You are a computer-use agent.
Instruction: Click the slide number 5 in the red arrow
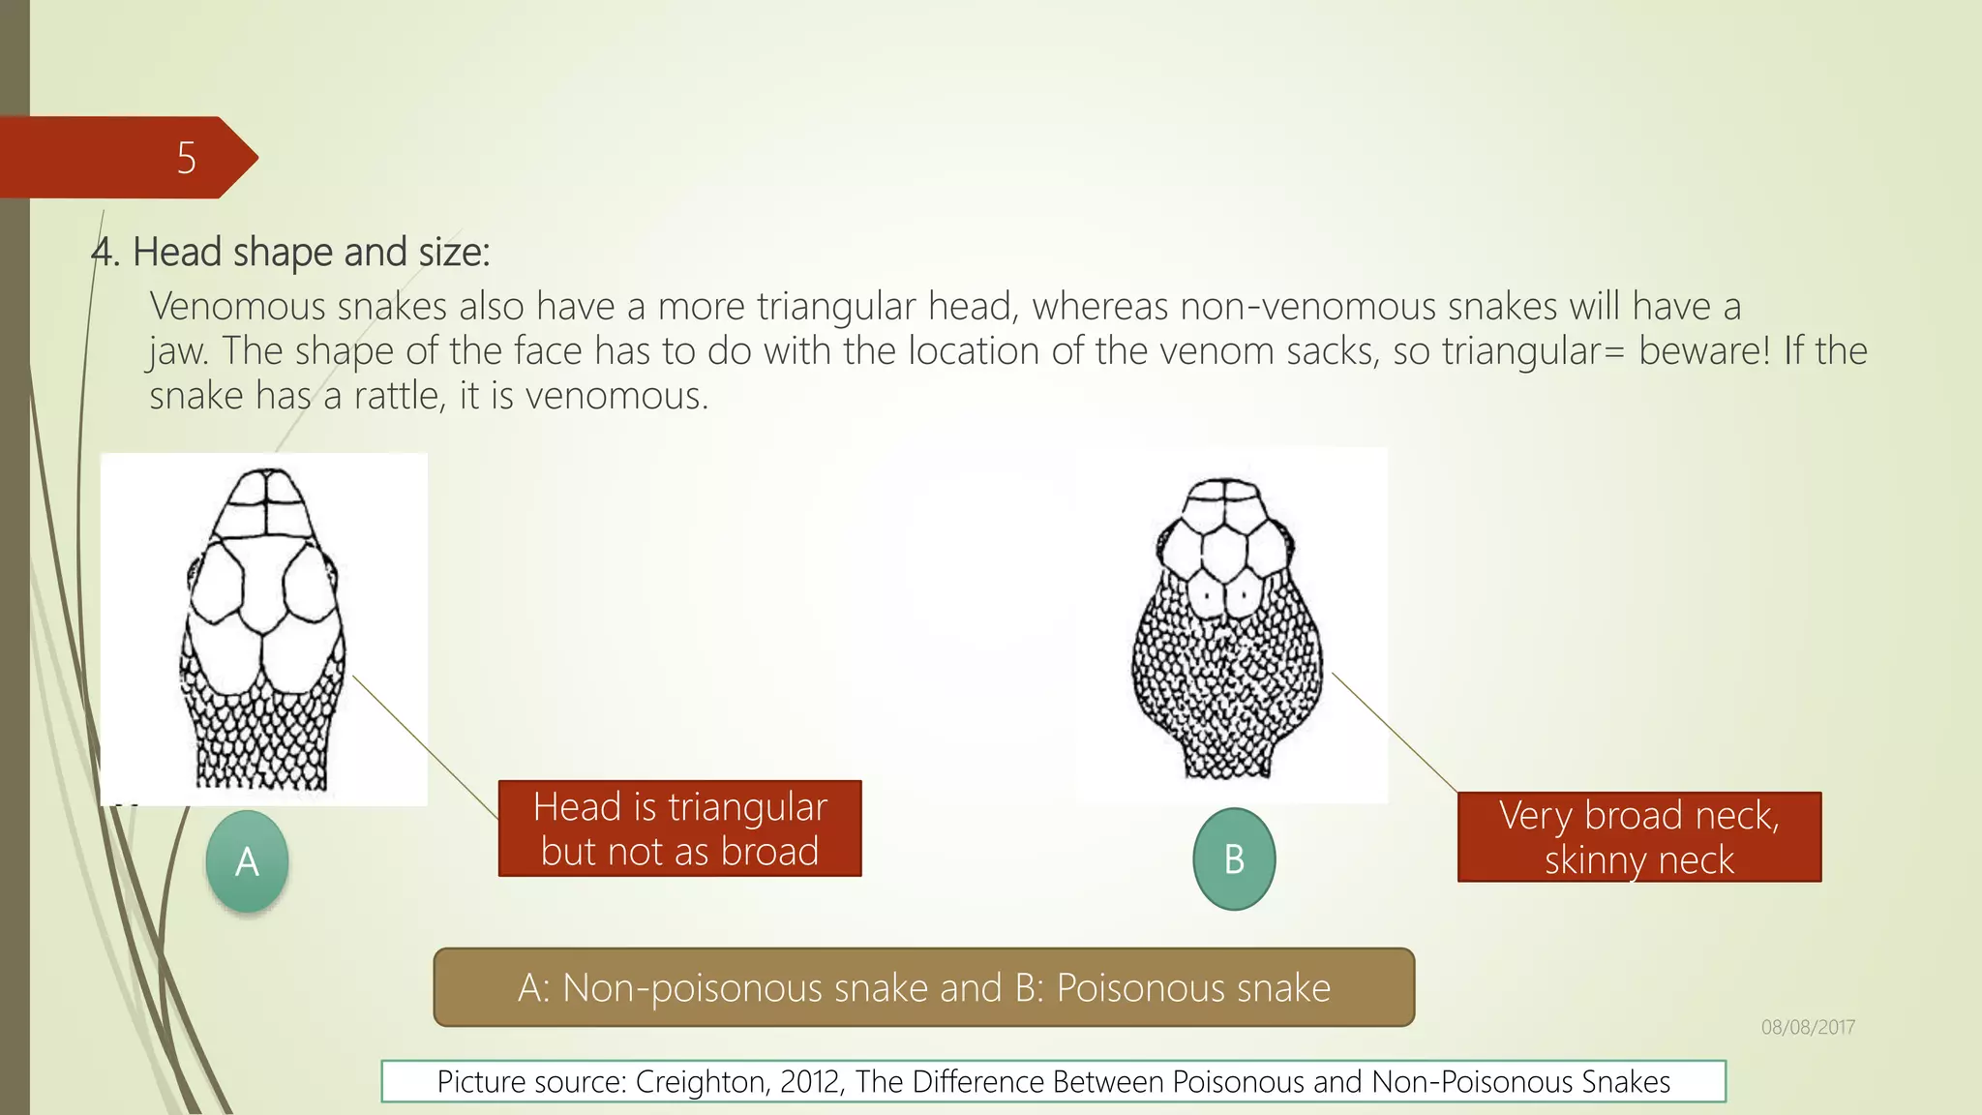[187, 158]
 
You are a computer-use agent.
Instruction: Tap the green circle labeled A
[247, 861]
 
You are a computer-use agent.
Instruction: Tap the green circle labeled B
[1234, 859]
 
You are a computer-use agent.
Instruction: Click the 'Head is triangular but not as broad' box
[679, 829]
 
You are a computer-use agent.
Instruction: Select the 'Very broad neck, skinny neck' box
[1638, 837]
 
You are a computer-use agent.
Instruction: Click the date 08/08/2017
[1807, 1028]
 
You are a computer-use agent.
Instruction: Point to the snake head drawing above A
[263, 629]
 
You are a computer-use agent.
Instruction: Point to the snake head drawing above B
[1226, 629]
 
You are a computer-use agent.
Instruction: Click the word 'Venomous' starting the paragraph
[237, 307]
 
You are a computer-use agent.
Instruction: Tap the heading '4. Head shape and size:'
[290, 253]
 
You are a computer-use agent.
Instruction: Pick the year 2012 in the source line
[811, 1082]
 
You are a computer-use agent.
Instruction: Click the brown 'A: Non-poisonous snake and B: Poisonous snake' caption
[923, 988]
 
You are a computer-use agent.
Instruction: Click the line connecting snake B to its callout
[1394, 733]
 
